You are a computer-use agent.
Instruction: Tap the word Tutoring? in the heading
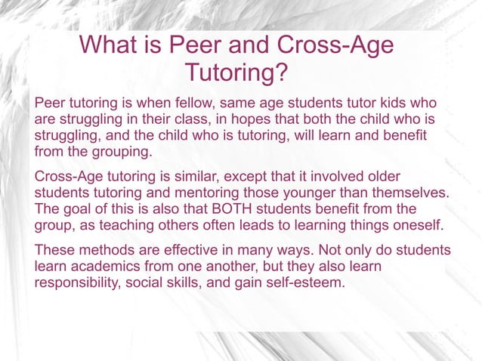(236, 74)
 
